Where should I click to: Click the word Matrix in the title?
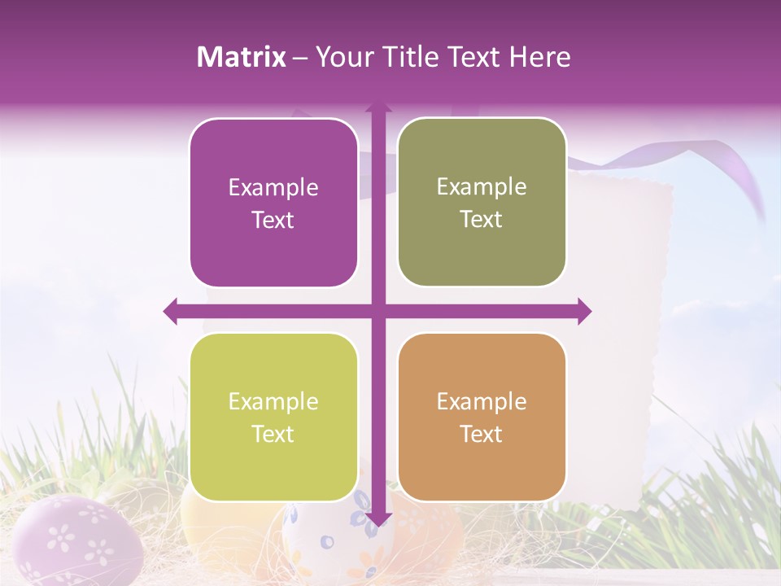242,57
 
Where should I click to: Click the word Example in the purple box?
273,188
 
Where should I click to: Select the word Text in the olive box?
482,220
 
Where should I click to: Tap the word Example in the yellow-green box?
273,402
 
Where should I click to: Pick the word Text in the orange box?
482,435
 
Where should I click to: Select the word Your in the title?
342,57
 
